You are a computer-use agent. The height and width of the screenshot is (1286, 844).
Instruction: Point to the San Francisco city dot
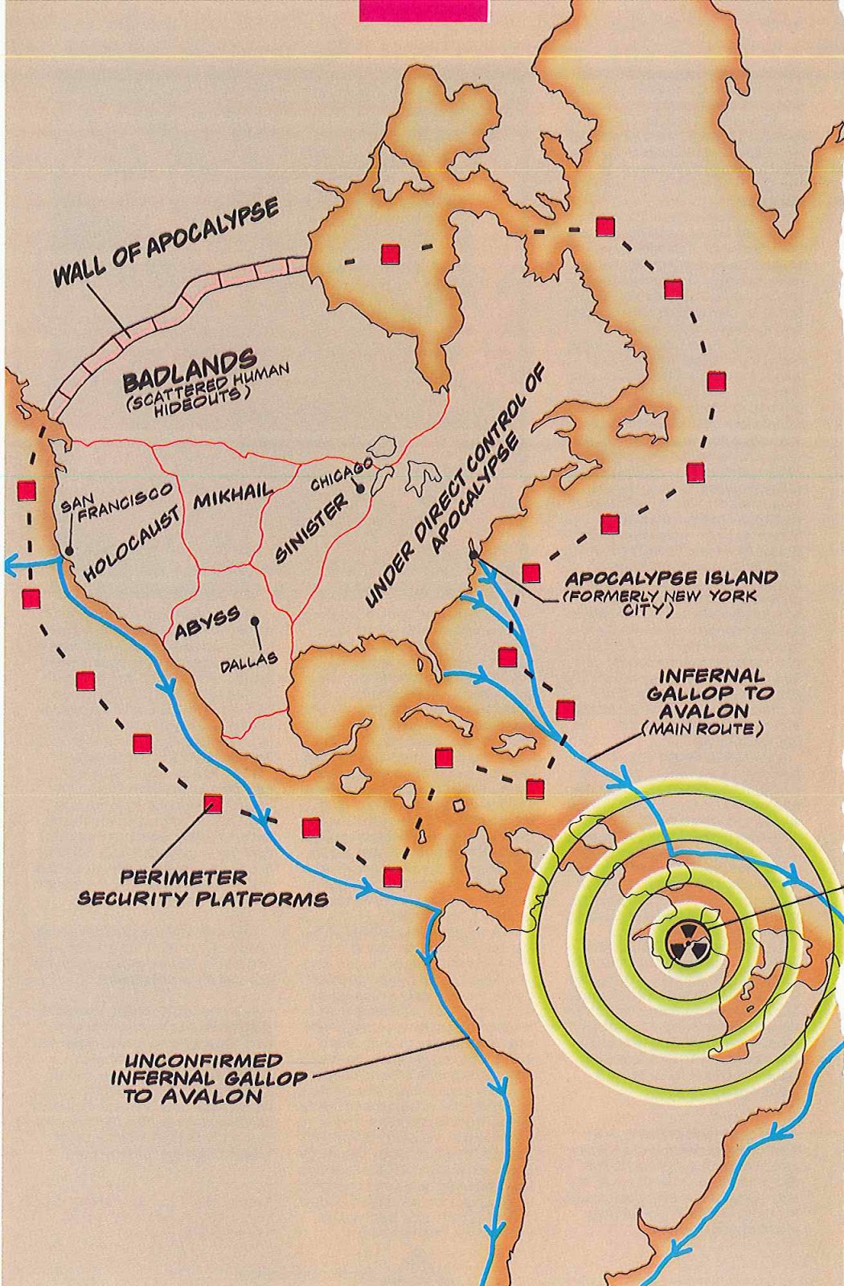click(69, 551)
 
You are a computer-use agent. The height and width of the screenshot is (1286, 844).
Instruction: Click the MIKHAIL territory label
click(232, 498)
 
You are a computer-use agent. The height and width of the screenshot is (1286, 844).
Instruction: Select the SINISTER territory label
click(312, 527)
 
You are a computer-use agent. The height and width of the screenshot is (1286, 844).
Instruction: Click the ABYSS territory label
click(207, 623)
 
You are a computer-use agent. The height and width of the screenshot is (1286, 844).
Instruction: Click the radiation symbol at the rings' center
click(686, 940)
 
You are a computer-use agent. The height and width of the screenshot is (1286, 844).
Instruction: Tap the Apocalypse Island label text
click(671, 579)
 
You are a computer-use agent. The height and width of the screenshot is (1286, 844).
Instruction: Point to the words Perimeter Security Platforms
click(203, 888)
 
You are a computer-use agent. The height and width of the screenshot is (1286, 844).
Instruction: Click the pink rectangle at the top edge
click(424, 10)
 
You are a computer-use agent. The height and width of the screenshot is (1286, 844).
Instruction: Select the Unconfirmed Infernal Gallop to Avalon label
click(207, 1079)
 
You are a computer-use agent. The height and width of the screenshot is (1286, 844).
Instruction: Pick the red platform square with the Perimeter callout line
click(212, 803)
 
